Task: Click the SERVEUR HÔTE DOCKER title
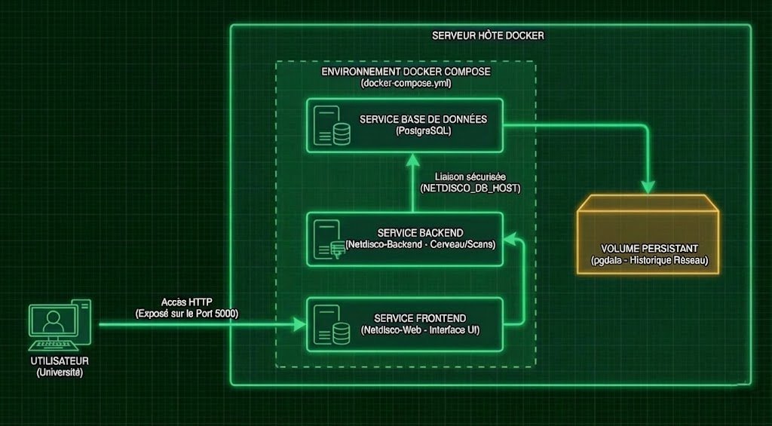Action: pyautogui.click(x=488, y=36)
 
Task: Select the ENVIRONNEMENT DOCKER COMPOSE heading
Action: pyautogui.click(x=406, y=72)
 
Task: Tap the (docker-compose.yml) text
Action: pyautogui.click(x=406, y=83)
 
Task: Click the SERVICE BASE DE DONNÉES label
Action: pyautogui.click(x=423, y=120)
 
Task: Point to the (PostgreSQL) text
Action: pyautogui.click(x=423, y=131)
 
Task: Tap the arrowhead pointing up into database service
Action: pyautogui.click(x=412, y=158)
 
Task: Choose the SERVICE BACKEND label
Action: pyautogui.click(x=422, y=232)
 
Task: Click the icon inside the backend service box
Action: pyautogui.click(x=332, y=239)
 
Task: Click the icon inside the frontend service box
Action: pyautogui.click(x=332, y=323)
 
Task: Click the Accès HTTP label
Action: pyautogui.click(x=186, y=302)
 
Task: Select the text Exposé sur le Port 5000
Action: pyautogui.click(x=186, y=313)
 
